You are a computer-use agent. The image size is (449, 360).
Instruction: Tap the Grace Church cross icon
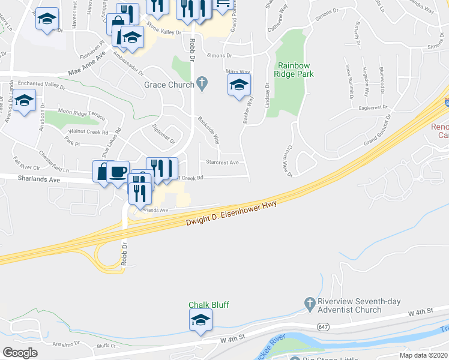pyautogui.click(x=203, y=85)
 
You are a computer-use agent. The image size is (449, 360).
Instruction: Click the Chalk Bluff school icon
pyautogui.click(x=200, y=322)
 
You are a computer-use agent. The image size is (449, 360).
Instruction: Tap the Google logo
pyautogui.click(x=20, y=353)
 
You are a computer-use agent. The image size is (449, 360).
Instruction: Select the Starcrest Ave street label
pyautogui.click(x=223, y=162)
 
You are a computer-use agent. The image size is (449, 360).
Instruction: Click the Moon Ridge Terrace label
pyautogui.click(x=81, y=112)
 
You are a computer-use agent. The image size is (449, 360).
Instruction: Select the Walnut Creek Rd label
pyautogui.click(x=88, y=131)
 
